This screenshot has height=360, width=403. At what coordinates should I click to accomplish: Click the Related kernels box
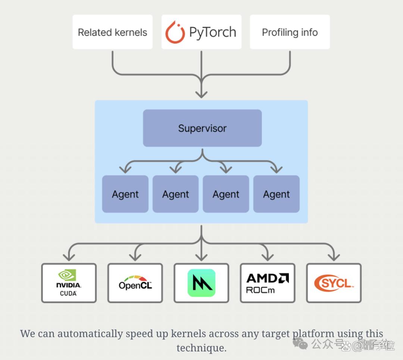113,32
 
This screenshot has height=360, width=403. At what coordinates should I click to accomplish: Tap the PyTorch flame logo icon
175,32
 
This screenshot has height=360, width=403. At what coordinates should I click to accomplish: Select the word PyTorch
213,32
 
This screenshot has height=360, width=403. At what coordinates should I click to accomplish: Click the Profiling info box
290,32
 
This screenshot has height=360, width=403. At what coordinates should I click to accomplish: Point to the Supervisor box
202,128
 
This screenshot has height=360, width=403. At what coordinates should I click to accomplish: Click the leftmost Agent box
125,194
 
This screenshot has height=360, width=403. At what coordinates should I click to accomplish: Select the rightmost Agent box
276,194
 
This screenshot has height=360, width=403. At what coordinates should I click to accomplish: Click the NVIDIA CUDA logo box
69,283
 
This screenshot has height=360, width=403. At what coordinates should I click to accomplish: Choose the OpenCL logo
135,283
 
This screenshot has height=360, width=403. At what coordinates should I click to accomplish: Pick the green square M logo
201,283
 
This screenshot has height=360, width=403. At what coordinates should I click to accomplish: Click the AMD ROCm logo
268,283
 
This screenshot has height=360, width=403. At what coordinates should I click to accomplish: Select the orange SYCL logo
334,283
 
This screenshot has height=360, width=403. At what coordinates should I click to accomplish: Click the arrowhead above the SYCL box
334,257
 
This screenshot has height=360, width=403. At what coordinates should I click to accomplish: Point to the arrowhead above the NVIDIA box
69,257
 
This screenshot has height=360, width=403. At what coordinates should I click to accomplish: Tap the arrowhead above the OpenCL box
135,257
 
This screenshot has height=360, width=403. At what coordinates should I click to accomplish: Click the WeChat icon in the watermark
300,344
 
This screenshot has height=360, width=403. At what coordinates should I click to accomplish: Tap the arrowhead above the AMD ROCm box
268,257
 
